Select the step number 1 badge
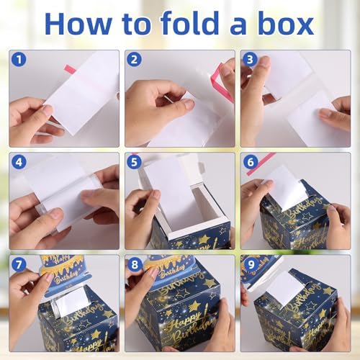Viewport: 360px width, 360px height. (x=19, y=60)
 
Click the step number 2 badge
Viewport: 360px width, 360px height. (x=135, y=60)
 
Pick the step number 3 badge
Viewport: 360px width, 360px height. (x=251, y=60)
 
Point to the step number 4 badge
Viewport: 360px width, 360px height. (x=19, y=161)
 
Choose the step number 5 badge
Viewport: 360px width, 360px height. (x=135, y=161)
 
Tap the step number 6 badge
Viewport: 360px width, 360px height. (x=251, y=161)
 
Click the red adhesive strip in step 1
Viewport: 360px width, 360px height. (x=70, y=69)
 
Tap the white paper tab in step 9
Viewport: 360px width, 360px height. (x=287, y=287)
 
